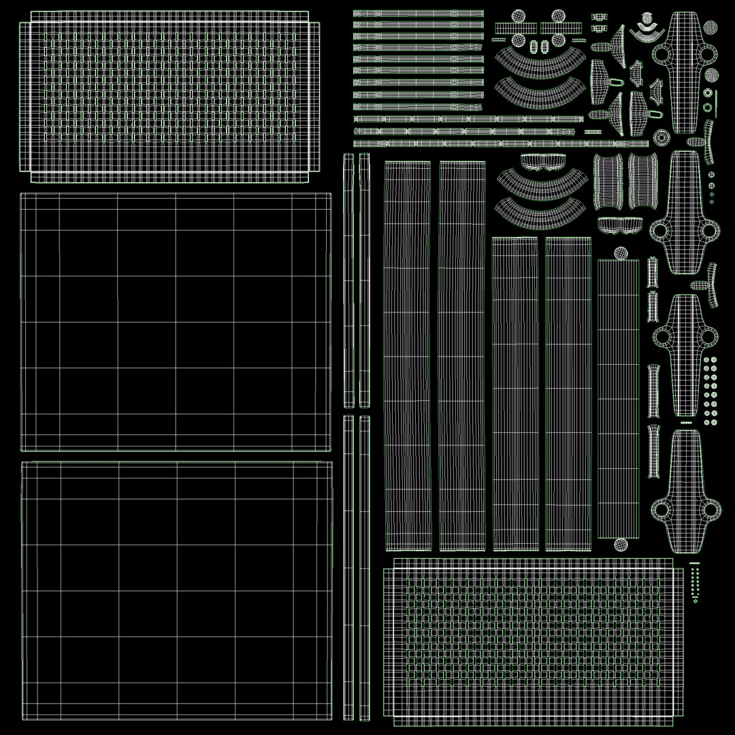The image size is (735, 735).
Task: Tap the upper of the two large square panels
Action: tap(176, 321)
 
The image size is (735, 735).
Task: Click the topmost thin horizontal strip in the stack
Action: tap(418, 13)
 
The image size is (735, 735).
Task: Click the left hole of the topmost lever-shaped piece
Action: tap(660, 54)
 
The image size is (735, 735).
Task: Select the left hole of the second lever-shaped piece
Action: tap(659, 231)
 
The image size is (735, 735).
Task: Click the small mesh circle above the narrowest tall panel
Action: tap(621, 252)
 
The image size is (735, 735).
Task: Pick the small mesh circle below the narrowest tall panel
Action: tap(621, 544)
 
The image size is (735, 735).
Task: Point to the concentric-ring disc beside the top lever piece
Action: tap(659, 137)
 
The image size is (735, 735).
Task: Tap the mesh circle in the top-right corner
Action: tap(710, 27)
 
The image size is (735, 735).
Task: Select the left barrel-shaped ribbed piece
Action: tap(606, 181)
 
